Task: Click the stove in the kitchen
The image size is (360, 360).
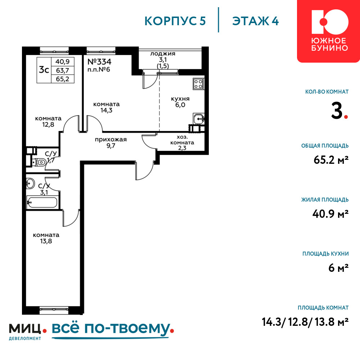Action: (x=198, y=84)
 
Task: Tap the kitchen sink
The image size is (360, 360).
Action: (x=199, y=119)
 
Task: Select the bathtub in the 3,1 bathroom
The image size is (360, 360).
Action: (x=42, y=202)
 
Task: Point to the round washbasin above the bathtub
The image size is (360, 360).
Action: (x=30, y=183)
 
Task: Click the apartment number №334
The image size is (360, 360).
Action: (x=99, y=62)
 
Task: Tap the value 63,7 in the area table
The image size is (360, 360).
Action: (x=62, y=70)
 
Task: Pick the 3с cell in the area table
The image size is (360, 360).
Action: (x=44, y=69)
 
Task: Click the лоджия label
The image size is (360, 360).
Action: (x=163, y=54)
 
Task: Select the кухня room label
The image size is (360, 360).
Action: (x=180, y=99)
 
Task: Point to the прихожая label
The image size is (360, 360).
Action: (x=111, y=140)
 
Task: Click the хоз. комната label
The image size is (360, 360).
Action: (x=182, y=140)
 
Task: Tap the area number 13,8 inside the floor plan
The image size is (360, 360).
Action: (x=46, y=241)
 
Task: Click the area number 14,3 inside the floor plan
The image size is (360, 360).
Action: (x=106, y=110)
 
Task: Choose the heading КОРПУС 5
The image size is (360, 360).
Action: (x=175, y=21)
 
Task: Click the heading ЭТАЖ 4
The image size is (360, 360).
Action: (x=255, y=21)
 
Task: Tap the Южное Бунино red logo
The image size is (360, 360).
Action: (x=329, y=31)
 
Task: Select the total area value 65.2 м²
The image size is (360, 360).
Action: (x=331, y=160)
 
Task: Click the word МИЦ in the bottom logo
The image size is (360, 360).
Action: (x=25, y=328)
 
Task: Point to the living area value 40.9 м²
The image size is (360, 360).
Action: (x=330, y=214)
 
